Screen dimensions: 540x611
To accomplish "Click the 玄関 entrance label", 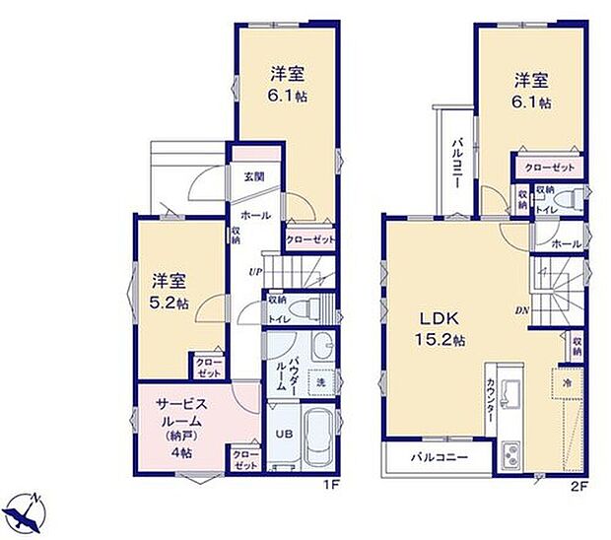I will (x=255, y=177).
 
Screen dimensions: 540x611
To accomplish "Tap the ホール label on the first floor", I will (x=255, y=215).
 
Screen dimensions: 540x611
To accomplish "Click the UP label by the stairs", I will (x=254, y=272).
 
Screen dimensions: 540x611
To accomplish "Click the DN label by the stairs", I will (x=523, y=311).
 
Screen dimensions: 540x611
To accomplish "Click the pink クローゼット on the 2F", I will (x=549, y=169).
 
